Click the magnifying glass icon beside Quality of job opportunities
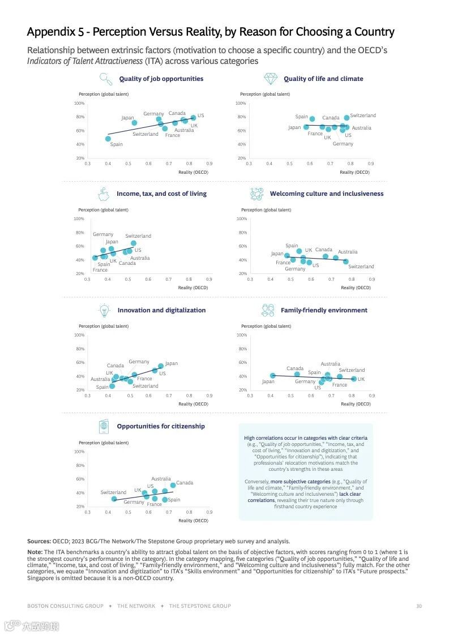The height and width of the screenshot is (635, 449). pyautogui.click(x=106, y=78)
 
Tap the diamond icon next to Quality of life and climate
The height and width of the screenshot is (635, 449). pyautogui.click(x=270, y=78)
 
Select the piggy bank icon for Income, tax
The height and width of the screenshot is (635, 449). pyautogui.click(x=104, y=194)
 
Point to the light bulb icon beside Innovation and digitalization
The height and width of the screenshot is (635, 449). pyautogui.click(x=104, y=310)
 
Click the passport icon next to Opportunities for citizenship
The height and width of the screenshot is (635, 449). pyautogui.click(x=104, y=426)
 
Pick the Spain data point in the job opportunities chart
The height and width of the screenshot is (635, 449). pyautogui.click(x=108, y=139)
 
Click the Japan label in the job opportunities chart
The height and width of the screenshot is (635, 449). pyautogui.click(x=127, y=118)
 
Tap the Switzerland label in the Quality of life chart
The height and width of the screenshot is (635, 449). pyautogui.click(x=363, y=115)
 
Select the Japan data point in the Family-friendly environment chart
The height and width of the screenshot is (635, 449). pyautogui.click(x=272, y=375)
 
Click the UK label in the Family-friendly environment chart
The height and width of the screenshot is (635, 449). pyautogui.click(x=361, y=379)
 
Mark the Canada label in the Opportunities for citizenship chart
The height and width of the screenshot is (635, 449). pyautogui.click(x=185, y=483)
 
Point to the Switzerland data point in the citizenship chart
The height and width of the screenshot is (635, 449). pyautogui.click(x=114, y=499)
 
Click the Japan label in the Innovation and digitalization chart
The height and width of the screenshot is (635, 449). pyautogui.click(x=171, y=363)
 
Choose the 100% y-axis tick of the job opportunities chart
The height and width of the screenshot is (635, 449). pyautogui.click(x=79, y=104)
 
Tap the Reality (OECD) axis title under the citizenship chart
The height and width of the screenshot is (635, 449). pyautogui.click(x=193, y=520)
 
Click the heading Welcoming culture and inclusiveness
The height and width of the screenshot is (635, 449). pyautogui.click(x=327, y=194)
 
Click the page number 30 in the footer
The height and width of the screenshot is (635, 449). pyautogui.click(x=419, y=606)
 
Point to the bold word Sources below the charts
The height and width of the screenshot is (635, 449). pyautogui.click(x=39, y=541)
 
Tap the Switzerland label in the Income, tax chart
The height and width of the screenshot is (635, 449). pyautogui.click(x=138, y=236)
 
